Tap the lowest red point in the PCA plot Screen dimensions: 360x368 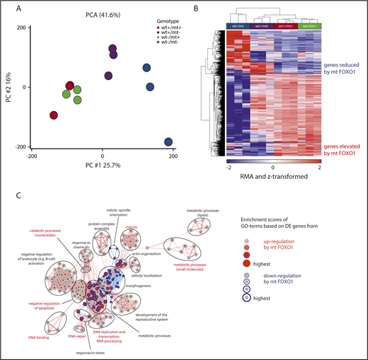tap(54, 115)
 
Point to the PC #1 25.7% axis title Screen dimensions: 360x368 tap(102, 164)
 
